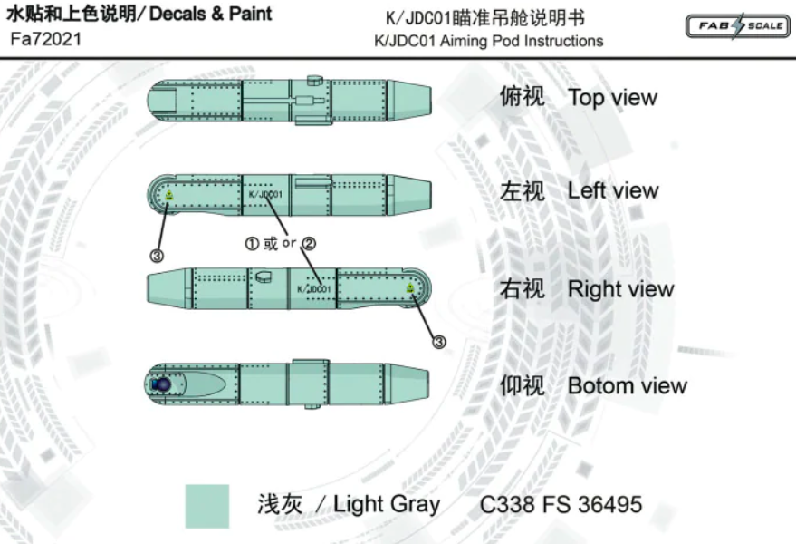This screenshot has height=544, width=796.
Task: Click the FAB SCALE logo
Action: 736,26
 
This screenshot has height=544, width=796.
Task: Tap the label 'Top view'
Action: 612,98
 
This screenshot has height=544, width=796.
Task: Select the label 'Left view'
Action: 613,191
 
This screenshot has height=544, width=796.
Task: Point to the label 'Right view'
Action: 620,290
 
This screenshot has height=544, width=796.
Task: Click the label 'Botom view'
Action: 627,386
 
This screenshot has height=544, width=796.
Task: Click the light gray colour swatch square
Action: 207,506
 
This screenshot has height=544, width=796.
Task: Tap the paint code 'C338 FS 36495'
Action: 561,505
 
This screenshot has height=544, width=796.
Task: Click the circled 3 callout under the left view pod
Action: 157,257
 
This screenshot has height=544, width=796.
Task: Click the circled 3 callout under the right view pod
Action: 439,342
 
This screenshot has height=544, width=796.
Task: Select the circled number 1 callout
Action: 253,243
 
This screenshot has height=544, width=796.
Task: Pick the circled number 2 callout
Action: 309,243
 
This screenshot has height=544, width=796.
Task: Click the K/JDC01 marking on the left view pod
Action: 265,194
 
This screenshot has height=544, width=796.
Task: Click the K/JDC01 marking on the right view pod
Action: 313,289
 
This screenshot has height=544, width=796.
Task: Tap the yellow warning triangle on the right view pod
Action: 410,288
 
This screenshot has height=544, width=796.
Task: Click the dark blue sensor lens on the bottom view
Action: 162,384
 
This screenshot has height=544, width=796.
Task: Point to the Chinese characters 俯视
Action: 523,97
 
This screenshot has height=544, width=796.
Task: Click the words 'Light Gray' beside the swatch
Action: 387,505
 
